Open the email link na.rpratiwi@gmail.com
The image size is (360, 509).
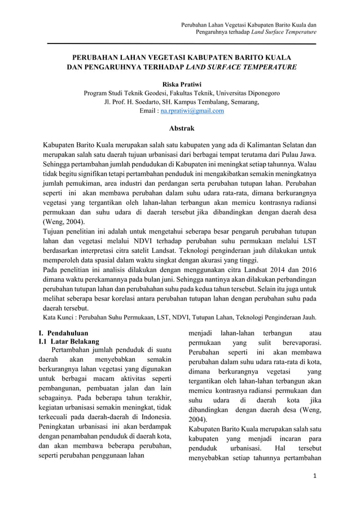coord(192,111)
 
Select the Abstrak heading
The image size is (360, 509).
coord(180,128)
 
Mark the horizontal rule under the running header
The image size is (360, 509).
coord(180,43)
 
